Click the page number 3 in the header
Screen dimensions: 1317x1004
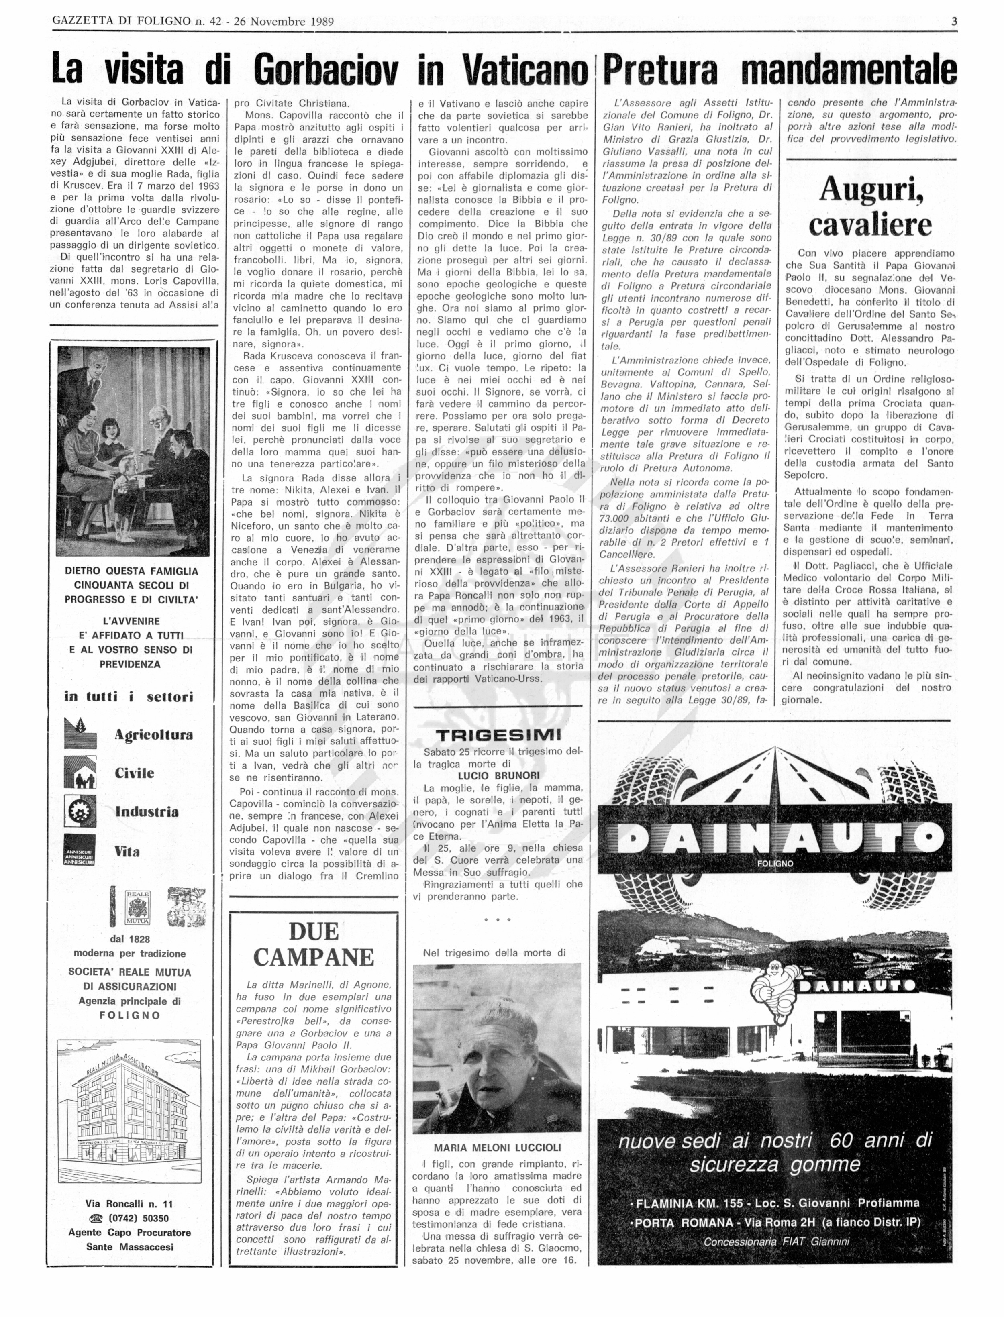point(954,22)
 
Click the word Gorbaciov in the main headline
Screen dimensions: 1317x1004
point(326,70)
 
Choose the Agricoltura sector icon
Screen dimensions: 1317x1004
point(80,734)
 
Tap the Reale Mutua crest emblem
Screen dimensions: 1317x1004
point(137,908)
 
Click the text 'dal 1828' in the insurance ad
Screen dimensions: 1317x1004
point(130,939)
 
